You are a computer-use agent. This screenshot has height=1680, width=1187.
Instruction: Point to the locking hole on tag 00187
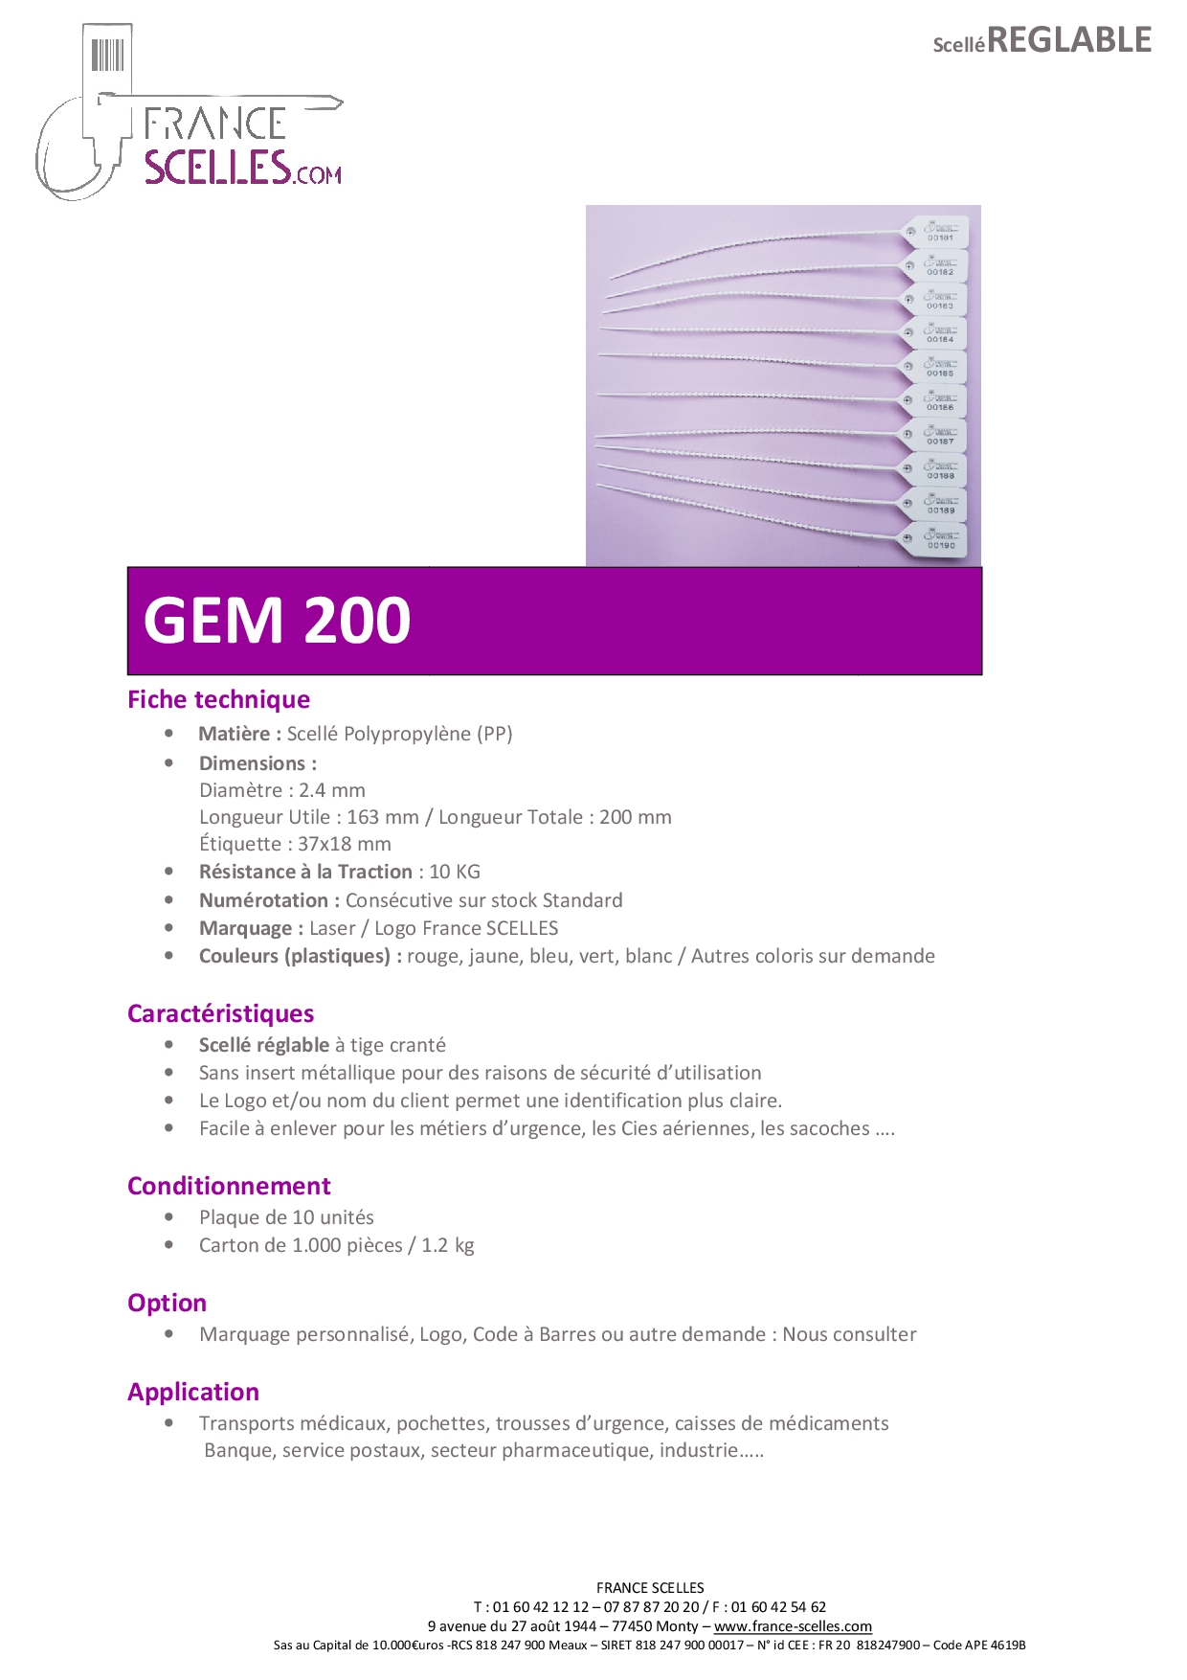(x=908, y=434)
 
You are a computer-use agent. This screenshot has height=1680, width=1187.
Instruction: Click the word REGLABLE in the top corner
(x=1069, y=40)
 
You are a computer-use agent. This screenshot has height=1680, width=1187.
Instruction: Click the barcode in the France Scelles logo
(x=108, y=55)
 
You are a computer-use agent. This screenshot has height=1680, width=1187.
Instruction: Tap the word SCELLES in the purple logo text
(x=217, y=167)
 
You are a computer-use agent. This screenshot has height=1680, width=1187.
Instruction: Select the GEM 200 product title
(x=278, y=620)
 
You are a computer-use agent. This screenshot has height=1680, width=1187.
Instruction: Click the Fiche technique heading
(x=218, y=699)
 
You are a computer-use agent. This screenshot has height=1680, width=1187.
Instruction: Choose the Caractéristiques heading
(x=220, y=1013)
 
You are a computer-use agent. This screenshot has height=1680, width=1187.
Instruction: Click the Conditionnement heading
(x=229, y=1186)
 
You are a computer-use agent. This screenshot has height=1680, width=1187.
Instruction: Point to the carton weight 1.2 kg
(x=448, y=1245)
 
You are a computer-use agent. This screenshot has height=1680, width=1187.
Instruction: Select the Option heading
(x=167, y=1303)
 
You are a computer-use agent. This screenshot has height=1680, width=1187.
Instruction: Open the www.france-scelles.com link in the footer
(x=793, y=1625)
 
